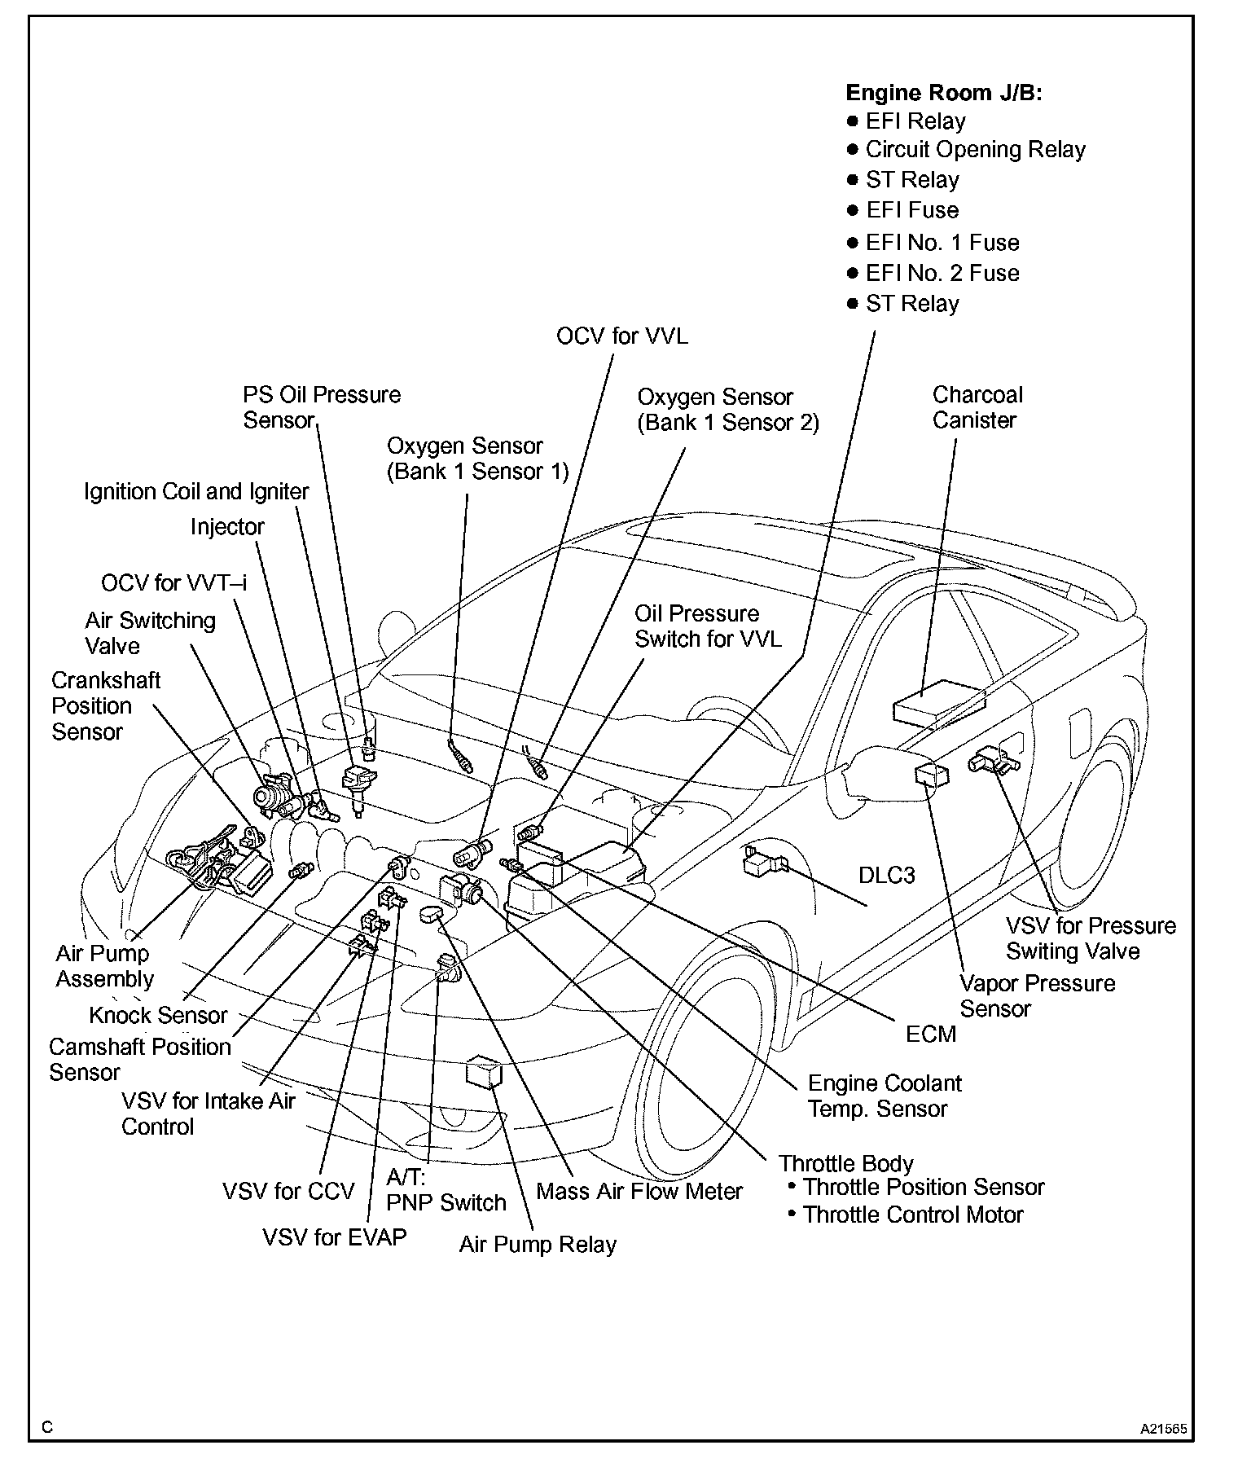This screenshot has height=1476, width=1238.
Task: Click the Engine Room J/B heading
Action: click(944, 92)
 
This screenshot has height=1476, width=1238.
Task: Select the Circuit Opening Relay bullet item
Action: click(975, 150)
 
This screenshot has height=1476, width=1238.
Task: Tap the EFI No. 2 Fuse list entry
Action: click(942, 273)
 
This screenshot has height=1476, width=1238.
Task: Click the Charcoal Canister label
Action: click(977, 407)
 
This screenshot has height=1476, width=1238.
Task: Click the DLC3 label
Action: click(887, 875)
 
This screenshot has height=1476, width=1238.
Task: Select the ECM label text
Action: click(931, 1034)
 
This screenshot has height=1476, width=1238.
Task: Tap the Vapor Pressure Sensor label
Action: click(1036, 995)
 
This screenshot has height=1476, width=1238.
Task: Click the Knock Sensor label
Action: click(158, 1015)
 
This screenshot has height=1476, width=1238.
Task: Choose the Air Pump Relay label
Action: click(538, 1245)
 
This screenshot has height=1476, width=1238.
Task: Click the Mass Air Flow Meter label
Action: click(639, 1191)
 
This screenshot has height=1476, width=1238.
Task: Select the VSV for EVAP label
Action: click(334, 1237)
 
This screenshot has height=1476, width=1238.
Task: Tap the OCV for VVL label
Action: click(621, 336)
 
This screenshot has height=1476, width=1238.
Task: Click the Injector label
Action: click(227, 527)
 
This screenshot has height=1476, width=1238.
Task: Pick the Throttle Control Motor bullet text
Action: click(912, 1215)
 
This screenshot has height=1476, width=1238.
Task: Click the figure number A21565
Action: click(1163, 1429)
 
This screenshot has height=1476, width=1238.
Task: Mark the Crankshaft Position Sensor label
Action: click(105, 705)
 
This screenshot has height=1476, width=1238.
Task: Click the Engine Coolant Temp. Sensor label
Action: click(884, 1096)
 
